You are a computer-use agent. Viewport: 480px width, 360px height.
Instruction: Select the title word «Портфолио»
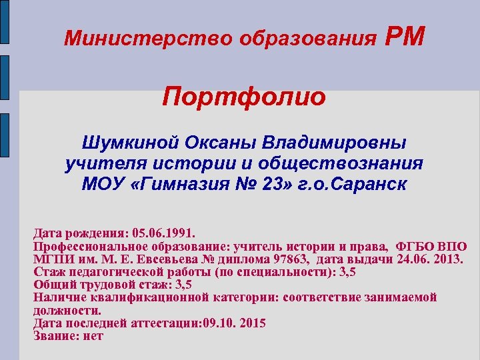[x=245, y=97]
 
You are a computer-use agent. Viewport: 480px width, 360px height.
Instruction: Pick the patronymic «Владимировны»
[x=336, y=143]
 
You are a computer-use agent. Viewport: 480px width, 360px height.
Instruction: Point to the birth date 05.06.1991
[x=164, y=234]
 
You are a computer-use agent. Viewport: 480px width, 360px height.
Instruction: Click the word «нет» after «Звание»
[x=93, y=336]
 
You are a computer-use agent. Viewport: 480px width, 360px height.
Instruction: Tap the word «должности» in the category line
[x=67, y=311]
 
